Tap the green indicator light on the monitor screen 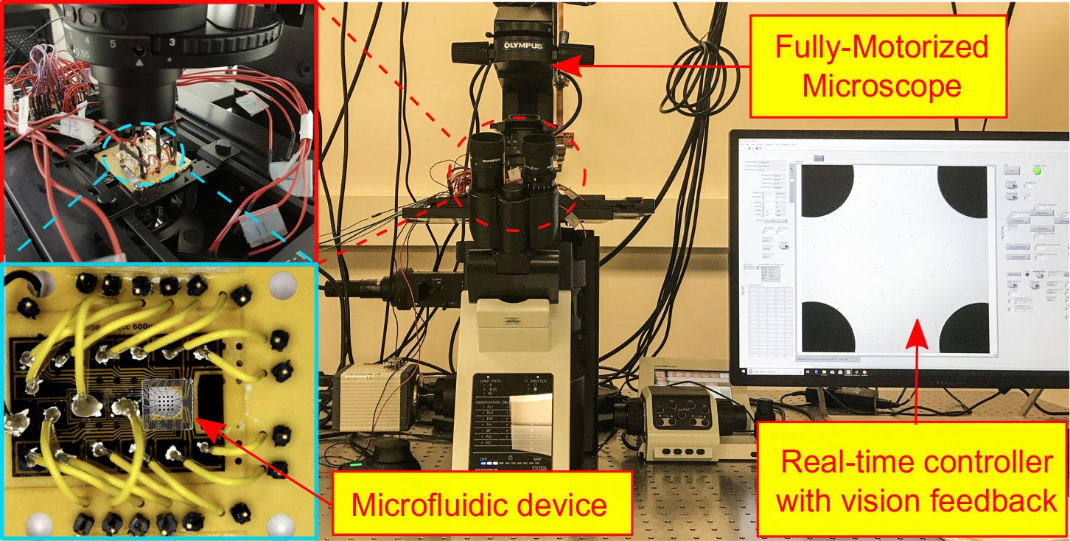coord(1038,170)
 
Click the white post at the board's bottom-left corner coord(37,524)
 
